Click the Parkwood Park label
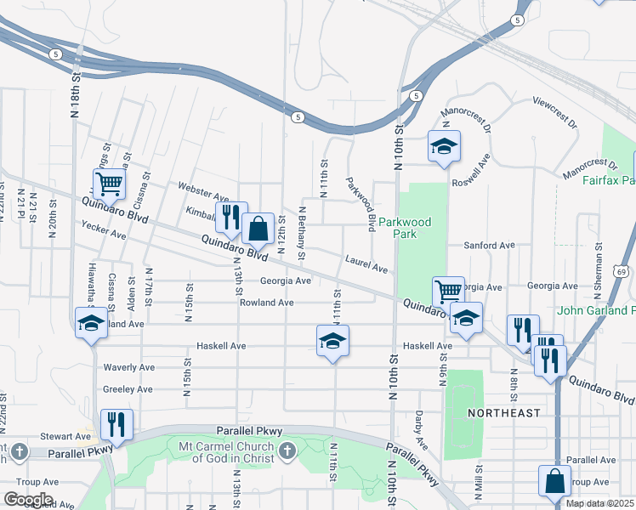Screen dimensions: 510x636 point(406,229)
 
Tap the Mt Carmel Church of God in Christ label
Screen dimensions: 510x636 point(226,452)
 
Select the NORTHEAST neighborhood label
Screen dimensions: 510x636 point(503,413)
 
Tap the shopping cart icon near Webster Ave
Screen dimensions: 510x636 point(109,183)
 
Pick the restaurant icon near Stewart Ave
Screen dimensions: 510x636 point(116,423)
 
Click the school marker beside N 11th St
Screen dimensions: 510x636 point(333,341)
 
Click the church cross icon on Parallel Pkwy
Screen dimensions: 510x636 point(288,450)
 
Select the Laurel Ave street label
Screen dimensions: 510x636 point(366,264)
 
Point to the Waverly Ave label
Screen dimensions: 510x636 point(128,367)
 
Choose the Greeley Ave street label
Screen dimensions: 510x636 point(128,389)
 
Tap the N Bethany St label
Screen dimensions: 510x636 point(302,232)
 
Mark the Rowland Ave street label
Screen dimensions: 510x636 point(266,303)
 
